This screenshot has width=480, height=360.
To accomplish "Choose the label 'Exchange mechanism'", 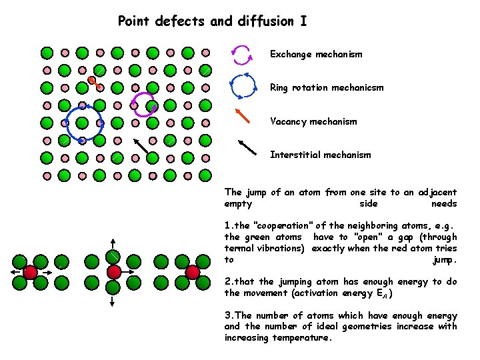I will (316, 54).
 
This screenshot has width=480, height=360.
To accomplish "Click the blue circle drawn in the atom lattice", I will (83, 123).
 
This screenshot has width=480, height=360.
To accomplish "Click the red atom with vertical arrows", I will (114, 272).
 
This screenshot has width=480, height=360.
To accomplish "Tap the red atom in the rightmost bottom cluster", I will (193, 272).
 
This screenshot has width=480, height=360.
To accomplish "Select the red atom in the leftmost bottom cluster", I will (30, 272).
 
